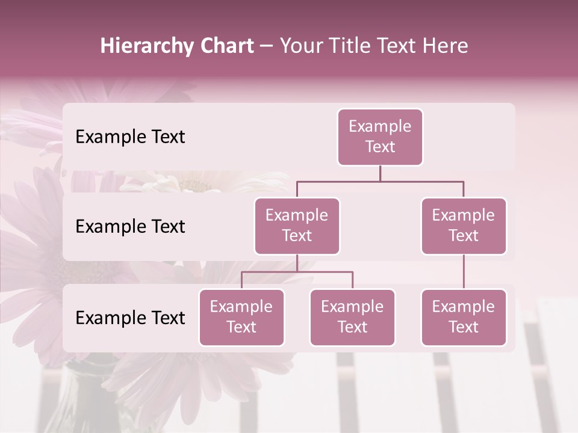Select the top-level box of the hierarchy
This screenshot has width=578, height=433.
point(380,137)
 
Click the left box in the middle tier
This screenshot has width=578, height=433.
point(297,226)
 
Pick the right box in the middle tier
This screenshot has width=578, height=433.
point(464,226)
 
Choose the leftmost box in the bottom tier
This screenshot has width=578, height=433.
point(241,318)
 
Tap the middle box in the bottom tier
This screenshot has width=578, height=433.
point(352,318)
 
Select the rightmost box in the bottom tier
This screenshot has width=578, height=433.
point(464,318)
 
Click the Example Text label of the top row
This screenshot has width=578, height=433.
point(130,137)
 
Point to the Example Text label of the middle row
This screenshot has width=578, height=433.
point(130,227)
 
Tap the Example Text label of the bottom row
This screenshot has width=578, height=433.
point(130,318)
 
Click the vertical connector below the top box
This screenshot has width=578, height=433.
point(380,173)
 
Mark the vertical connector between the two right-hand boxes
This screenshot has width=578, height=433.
point(464,272)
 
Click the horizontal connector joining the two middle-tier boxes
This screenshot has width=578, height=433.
point(380,181)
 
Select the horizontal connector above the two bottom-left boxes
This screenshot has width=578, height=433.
point(297,272)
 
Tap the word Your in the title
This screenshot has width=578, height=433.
point(301,46)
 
